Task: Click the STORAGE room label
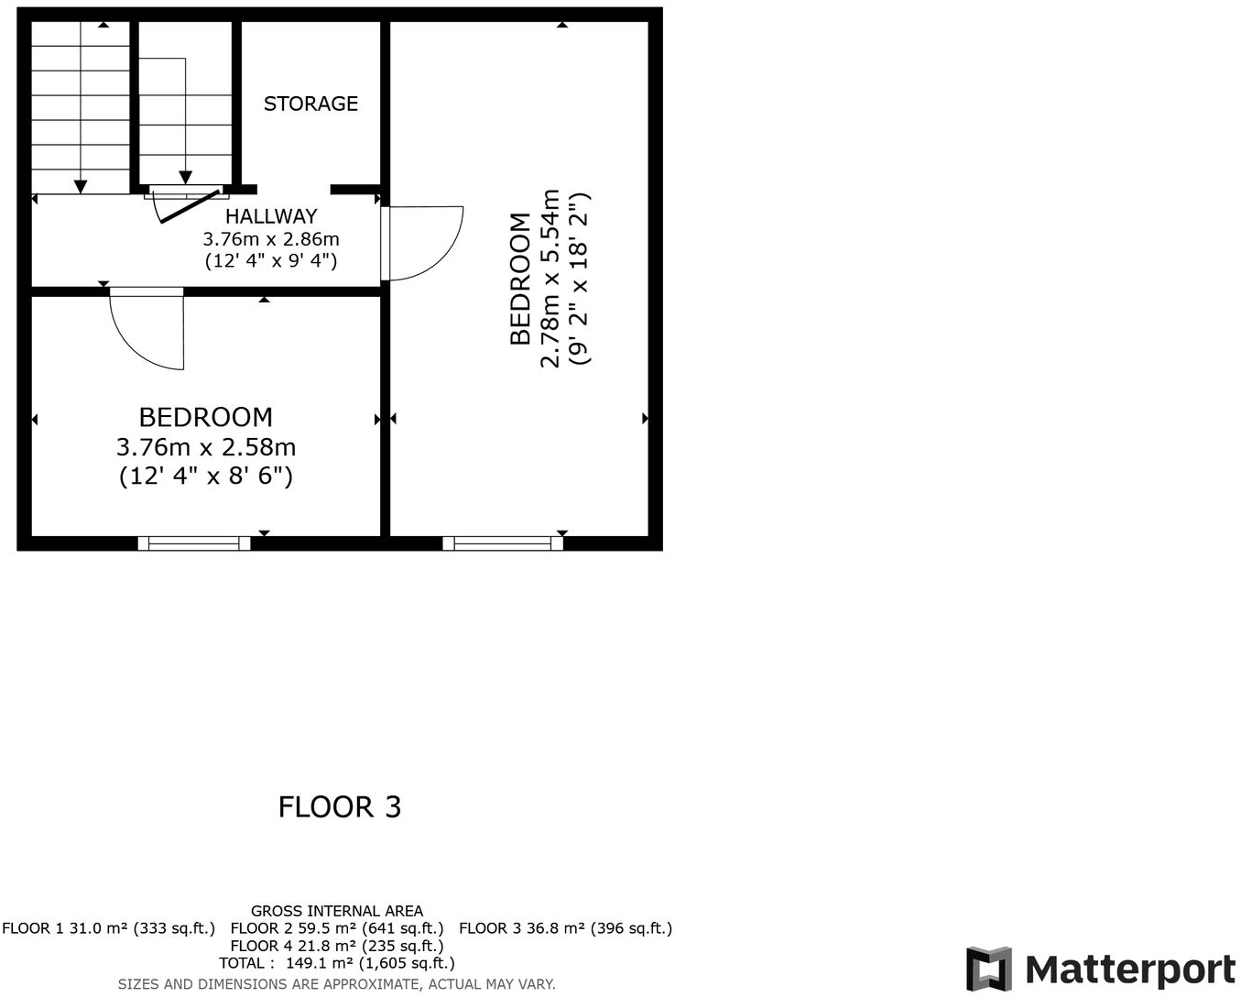click(x=310, y=104)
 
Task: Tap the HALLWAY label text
click(x=271, y=216)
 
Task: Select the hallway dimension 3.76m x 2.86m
click(x=271, y=239)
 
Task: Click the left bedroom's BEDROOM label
click(x=206, y=418)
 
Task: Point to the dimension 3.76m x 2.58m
click(x=206, y=447)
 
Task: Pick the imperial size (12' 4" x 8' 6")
click(x=206, y=476)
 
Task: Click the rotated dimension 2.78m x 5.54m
click(x=550, y=279)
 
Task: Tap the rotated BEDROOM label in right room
click(x=520, y=279)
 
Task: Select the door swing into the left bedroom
click(x=147, y=330)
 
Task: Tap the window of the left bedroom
click(x=194, y=543)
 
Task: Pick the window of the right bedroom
click(x=503, y=543)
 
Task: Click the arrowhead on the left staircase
click(x=81, y=187)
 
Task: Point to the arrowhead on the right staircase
click(x=186, y=178)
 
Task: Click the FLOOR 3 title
click(x=340, y=807)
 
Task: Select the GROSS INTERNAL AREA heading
click(x=337, y=911)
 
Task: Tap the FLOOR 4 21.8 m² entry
click(x=337, y=946)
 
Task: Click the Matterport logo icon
click(x=989, y=970)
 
